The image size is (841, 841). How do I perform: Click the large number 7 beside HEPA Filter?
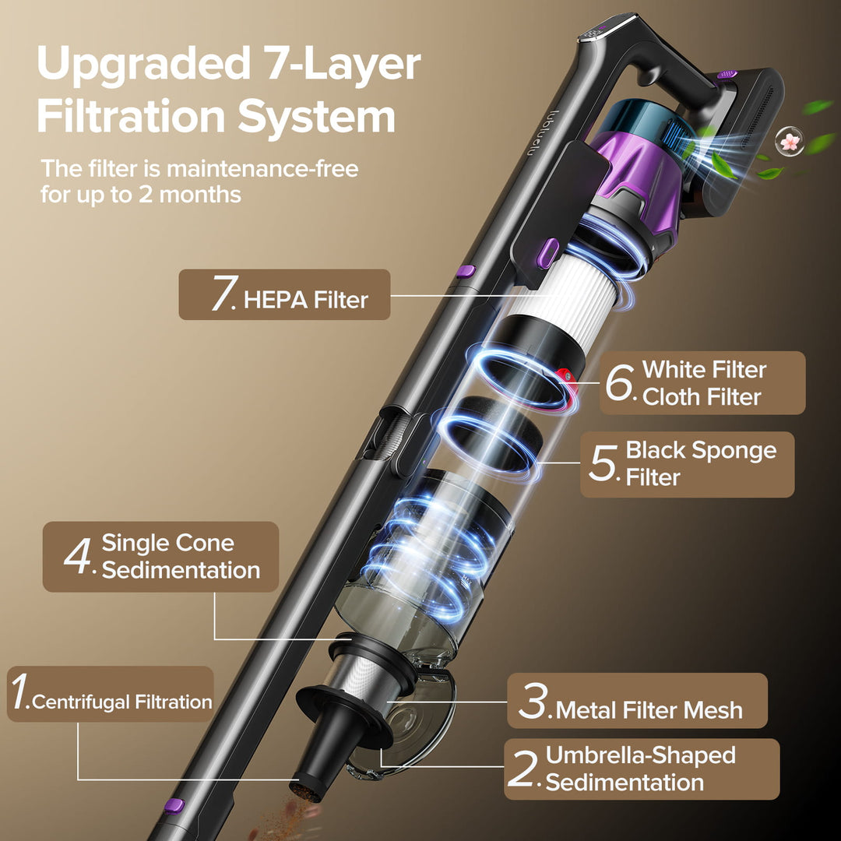[223, 294]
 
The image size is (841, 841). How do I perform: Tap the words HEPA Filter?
[305, 300]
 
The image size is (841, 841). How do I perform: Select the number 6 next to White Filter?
[621, 382]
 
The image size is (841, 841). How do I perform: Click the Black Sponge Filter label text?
[700, 463]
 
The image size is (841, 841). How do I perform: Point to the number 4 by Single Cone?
[79, 556]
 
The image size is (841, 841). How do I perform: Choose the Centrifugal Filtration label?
[121, 702]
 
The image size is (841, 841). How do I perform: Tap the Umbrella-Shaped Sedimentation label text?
[640, 769]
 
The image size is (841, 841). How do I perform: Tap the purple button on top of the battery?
[727, 74]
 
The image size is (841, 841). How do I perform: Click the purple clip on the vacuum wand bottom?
[174, 806]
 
